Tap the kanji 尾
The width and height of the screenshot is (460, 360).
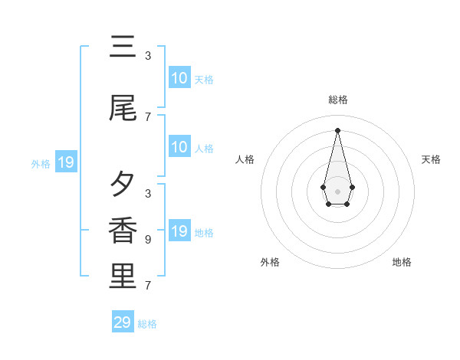click(x=123, y=109)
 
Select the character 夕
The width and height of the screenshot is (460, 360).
click(x=123, y=184)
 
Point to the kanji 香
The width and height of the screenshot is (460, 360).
click(x=123, y=230)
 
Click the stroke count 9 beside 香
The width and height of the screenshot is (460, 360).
click(x=148, y=240)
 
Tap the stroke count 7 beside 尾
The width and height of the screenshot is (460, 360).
click(x=148, y=117)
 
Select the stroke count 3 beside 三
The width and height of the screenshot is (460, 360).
click(x=148, y=56)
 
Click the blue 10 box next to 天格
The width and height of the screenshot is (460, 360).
click(x=179, y=78)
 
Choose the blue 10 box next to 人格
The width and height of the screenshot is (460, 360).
click(x=179, y=147)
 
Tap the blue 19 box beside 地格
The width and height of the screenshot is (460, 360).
click(x=179, y=231)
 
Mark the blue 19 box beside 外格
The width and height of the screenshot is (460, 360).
click(x=65, y=162)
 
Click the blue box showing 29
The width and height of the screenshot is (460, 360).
click(x=123, y=322)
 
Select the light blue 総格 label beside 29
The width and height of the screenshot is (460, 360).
click(x=147, y=324)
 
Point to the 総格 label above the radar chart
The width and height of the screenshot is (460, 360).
click(x=337, y=100)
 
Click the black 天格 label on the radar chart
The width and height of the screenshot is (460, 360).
click(x=431, y=159)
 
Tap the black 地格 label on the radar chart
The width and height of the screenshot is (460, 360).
click(x=402, y=262)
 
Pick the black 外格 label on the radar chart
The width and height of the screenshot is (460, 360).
click(x=270, y=262)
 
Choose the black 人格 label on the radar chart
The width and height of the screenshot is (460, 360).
click(x=245, y=159)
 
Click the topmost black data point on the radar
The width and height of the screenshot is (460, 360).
click(x=337, y=129)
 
